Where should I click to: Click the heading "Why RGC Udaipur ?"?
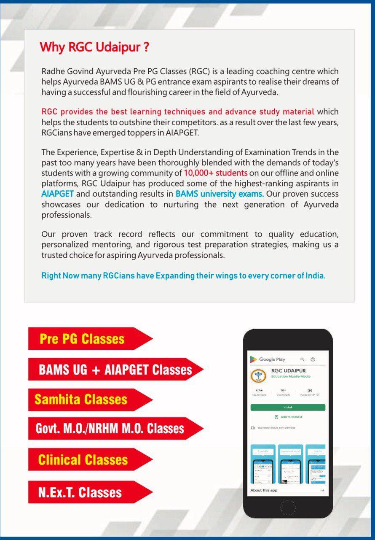[x=94, y=47]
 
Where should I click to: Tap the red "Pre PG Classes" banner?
[x=82, y=339]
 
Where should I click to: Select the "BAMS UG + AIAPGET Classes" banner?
[x=115, y=370]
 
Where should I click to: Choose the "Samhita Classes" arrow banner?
[x=81, y=400]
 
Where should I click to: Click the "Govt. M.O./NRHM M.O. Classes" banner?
[x=110, y=429]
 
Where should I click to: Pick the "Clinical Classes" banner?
[x=83, y=459]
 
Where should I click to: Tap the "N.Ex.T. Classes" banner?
[x=80, y=492]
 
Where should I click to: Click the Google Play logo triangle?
[x=253, y=359]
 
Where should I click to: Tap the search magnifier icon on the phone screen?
[x=302, y=359]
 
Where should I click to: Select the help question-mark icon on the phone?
[x=313, y=359]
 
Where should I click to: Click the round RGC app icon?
[x=258, y=376]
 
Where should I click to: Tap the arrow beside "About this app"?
[x=322, y=490]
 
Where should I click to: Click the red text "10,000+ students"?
[x=216, y=173]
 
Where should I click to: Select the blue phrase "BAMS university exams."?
[x=220, y=194]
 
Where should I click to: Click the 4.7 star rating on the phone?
[x=259, y=391]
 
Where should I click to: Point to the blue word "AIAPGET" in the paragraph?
[x=58, y=194]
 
